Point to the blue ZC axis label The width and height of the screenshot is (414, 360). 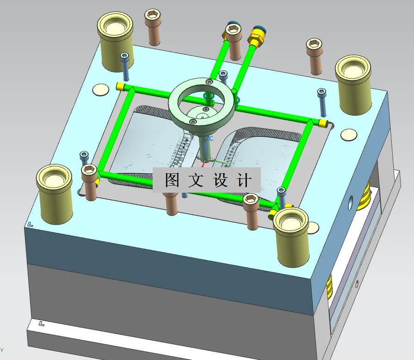point(209,138)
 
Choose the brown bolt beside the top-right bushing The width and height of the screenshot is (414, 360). point(315,55)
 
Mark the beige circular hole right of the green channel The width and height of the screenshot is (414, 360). point(348,135)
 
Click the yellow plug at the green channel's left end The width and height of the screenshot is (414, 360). point(120,86)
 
